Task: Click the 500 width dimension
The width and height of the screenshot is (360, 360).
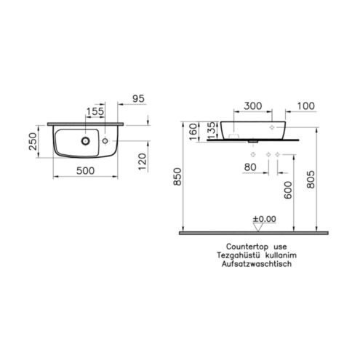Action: point(85,171)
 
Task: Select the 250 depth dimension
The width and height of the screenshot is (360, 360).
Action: point(33,142)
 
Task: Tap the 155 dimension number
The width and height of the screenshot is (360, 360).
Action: point(95,111)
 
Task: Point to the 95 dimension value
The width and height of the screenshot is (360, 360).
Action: point(138,99)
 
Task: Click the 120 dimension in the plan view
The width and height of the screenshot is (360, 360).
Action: point(143,161)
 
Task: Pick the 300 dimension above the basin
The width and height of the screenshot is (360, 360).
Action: point(253,106)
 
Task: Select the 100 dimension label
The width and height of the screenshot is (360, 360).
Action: point(305,106)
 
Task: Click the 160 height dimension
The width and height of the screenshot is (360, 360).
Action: point(193,132)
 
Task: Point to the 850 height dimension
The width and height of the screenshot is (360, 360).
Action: point(177,177)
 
